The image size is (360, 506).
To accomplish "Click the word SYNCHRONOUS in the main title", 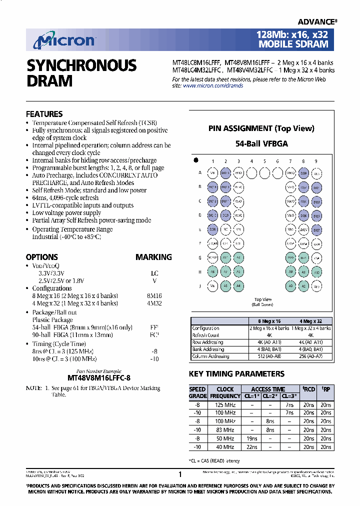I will click(x=81, y=65).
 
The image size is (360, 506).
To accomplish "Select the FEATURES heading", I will click(x=44, y=114).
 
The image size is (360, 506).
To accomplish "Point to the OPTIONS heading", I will click(x=42, y=257).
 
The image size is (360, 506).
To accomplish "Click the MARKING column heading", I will click(x=153, y=257).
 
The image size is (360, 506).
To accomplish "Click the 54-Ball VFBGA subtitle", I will click(x=261, y=143).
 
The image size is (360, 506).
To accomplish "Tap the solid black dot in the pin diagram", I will click(x=196, y=160).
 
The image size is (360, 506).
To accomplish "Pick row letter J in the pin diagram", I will click(x=200, y=286).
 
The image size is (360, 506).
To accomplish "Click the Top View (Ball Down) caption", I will click(x=263, y=302).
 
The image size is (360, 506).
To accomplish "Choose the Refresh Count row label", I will click(x=205, y=335).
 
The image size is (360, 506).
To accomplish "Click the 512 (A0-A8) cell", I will click(x=269, y=356).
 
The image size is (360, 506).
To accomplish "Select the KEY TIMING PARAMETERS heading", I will click(x=236, y=374).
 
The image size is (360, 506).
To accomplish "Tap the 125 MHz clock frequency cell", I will click(x=225, y=404).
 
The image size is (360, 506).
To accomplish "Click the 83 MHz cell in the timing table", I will click(x=225, y=430).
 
